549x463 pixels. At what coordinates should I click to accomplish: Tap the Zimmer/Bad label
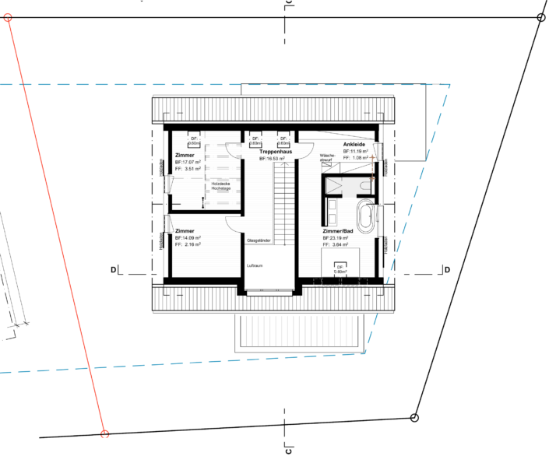tap(340, 231)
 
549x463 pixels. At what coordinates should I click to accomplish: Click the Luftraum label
tap(256, 266)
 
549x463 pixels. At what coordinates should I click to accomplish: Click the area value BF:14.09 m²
tap(188, 237)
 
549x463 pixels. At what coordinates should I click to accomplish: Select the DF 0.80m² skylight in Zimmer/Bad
tap(340, 269)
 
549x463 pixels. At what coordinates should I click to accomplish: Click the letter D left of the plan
tap(113, 270)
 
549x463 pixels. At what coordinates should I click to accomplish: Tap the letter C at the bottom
tap(287, 451)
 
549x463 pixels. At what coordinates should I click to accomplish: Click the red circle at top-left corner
tap(9, 18)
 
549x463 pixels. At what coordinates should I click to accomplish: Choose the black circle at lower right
tap(414, 418)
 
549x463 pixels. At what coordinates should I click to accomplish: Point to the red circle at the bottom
tap(104, 434)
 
